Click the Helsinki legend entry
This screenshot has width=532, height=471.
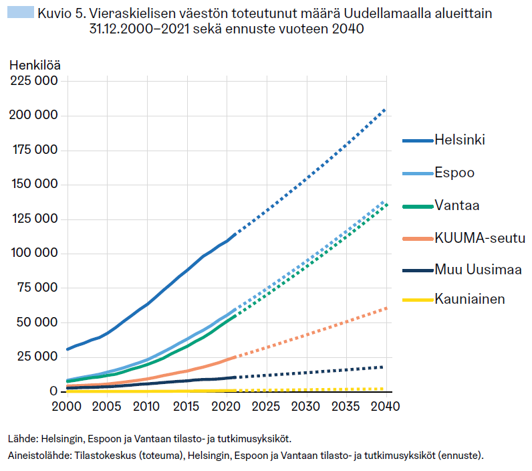459,140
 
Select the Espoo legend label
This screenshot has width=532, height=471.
454,173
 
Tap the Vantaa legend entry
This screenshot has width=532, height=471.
457,205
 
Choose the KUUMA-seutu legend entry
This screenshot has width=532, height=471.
479,238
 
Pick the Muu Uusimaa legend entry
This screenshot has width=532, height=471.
477,270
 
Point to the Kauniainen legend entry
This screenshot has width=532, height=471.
469,299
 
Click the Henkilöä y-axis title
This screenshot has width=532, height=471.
35,65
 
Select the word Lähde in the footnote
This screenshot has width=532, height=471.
22,440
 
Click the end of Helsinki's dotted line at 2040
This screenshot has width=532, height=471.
386,108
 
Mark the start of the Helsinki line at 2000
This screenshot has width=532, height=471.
68,349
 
